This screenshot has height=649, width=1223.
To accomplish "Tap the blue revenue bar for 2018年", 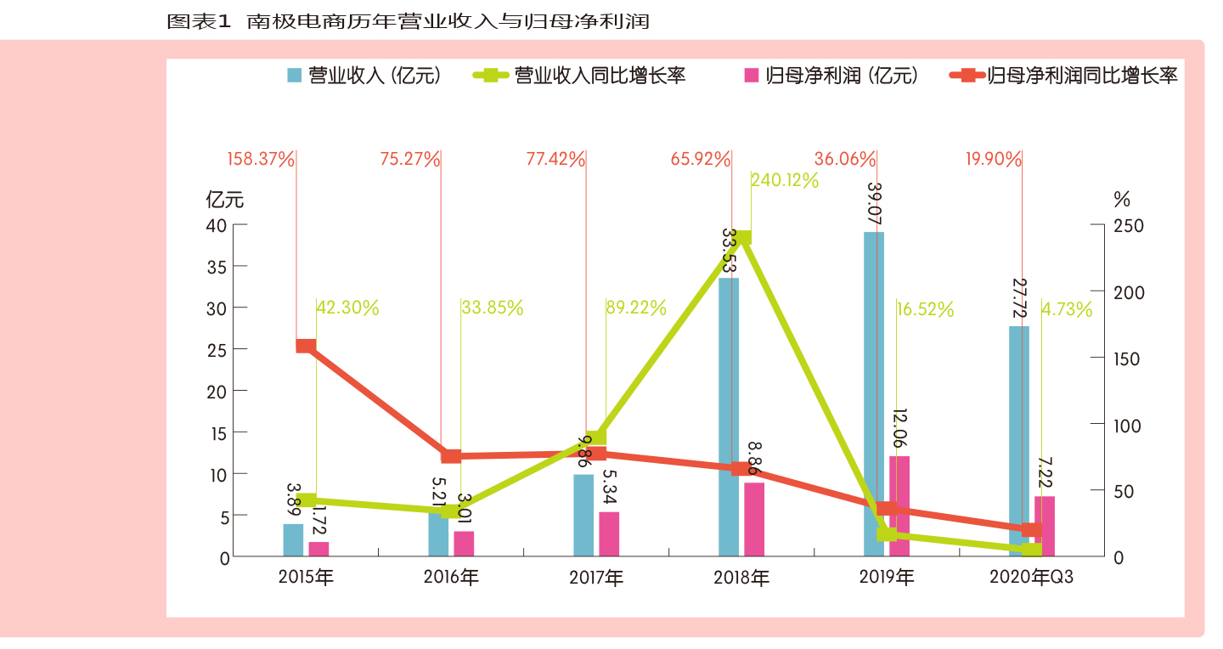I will [x=729, y=417].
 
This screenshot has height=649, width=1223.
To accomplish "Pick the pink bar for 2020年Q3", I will [x=1045, y=527].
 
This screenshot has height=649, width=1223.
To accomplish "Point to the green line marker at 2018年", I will [x=741, y=238].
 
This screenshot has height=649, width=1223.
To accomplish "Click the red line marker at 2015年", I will [x=306, y=346].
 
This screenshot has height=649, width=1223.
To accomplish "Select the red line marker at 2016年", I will [x=451, y=456].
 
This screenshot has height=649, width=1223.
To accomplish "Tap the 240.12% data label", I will [x=785, y=180].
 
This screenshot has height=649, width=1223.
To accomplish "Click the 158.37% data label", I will [x=261, y=159].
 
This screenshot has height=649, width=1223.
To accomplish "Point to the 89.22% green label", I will [x=636, y=308].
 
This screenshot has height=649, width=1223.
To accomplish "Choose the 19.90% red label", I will [x=993, y=159].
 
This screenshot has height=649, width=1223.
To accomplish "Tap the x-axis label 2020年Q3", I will [x=1031, y=578].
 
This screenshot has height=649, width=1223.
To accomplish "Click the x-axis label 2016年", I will [x=451, y=578].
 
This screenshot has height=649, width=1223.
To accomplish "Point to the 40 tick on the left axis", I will [x=217, y=225].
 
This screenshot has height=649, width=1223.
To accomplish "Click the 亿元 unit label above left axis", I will [x=224, y=200].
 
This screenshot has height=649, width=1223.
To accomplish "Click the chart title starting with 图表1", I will [x=408, y=21].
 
